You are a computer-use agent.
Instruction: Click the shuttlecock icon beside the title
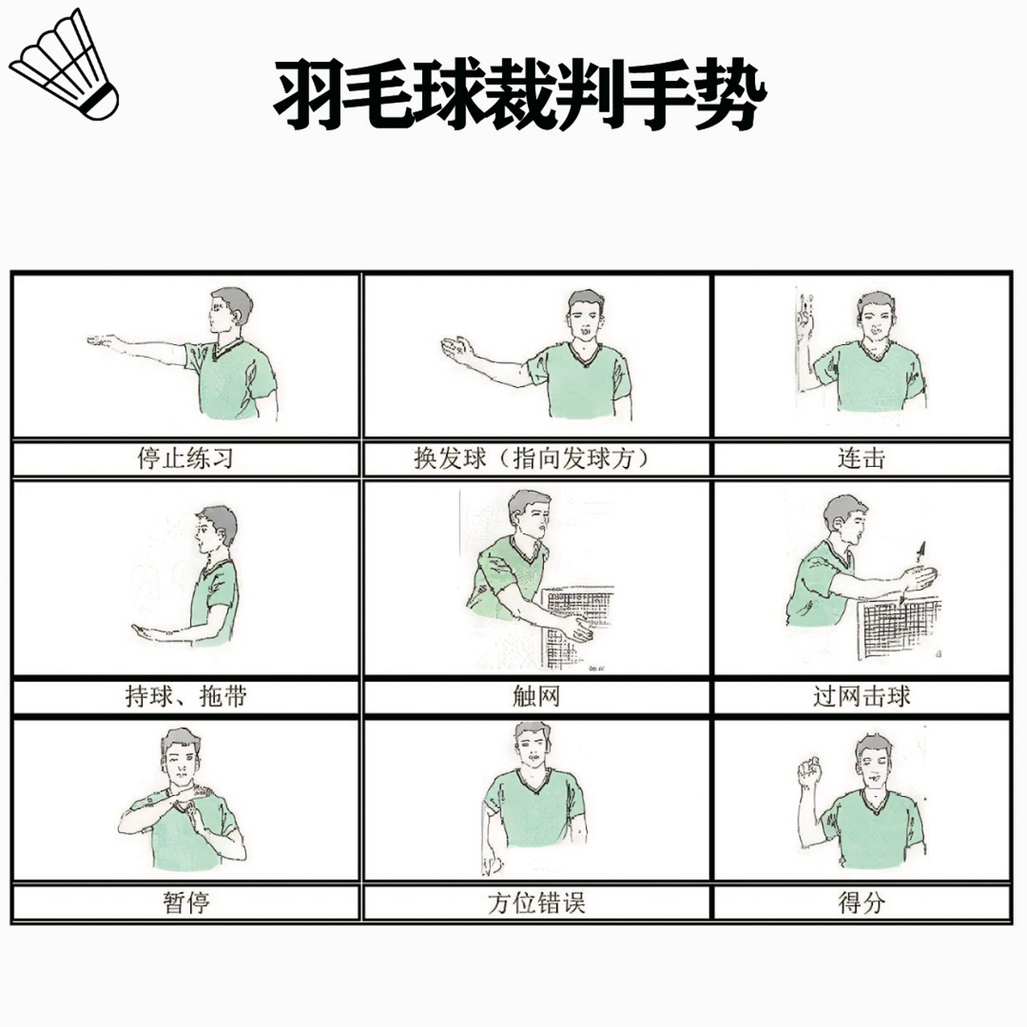point(64,66)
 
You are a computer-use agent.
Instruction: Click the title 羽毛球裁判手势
point(519,95)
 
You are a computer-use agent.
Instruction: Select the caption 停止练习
point(185,459)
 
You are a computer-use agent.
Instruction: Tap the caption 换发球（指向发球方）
point(536,459)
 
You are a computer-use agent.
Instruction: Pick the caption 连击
point(861,459)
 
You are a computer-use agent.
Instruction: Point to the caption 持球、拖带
point(185,696)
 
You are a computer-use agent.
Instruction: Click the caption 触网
point(536,696)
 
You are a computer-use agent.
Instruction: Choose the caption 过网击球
point(861,696)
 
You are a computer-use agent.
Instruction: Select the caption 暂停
point(185,903)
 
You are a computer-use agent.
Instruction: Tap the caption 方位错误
point(536,903)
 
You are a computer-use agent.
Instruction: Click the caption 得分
point(861,903)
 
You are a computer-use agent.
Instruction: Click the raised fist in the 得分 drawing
point(809,771)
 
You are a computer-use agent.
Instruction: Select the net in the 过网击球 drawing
point(899,626)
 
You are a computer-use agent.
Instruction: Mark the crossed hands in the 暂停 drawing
point(187,806)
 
